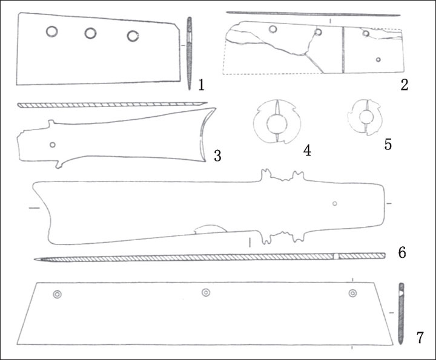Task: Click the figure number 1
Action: click(x=201, y=85)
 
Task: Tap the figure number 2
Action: click(x=404, y=85)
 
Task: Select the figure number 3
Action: click(x=217, y=155)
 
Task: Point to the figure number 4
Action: click(x=307, y=151)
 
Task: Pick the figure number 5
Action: click(x=388, y=144)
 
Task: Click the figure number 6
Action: click(x=402, y=252)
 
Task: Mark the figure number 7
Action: click(x=420, y=338)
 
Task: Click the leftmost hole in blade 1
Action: click(x=52, y=31)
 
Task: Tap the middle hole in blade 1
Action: click(x=90, y=33)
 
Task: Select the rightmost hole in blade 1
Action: click(x=133, y=36)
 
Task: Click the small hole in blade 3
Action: click(x=52, y=145)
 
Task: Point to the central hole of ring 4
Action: click(x=277, y=124)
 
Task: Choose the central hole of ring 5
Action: click(x=365, y=117)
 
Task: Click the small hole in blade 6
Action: click(x=335, y=204)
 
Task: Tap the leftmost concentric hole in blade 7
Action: click(x=58, y=295)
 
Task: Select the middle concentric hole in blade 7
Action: click(x=206, y=292)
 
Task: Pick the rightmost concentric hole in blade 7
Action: click(x=353, y=293)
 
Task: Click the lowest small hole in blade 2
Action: click(x=378, y=59)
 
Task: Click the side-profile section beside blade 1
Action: click(x=190, y=53)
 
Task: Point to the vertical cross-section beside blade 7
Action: click(x=401, y=313)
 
